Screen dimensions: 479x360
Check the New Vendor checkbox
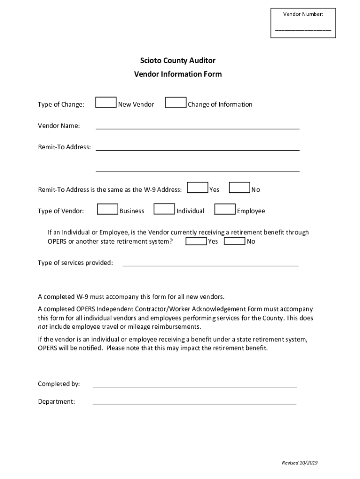106,103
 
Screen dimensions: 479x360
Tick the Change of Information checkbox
176,103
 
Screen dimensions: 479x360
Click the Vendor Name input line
197,125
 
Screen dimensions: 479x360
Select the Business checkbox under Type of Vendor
108,209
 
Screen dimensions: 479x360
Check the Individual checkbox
165,209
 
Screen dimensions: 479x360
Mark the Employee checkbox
225,209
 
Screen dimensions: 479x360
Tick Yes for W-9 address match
198,188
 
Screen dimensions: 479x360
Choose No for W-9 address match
239,188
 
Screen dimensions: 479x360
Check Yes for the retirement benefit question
196,241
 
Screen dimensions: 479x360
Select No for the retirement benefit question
235,241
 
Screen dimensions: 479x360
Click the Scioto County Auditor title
178,60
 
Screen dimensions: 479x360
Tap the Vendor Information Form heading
178,74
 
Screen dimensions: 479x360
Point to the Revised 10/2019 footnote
299,463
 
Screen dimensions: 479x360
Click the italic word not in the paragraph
43,327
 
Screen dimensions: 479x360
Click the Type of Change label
61,104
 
